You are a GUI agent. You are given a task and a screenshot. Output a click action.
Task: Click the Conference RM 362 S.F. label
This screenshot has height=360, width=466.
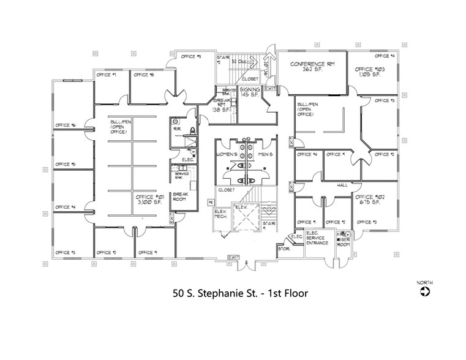(x=312, y=66)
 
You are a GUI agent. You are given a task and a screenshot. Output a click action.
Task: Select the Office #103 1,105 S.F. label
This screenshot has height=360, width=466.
(x=370, y=72)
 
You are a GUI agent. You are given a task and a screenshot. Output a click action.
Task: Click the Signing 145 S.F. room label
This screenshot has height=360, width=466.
(x=250, y=92)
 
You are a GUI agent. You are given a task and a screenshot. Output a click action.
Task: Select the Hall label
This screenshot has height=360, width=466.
(x=342, y=185)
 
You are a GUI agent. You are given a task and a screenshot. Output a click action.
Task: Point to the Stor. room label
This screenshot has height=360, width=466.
(x=284, y=249)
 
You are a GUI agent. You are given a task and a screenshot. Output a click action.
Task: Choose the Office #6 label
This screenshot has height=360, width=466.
(x=65, y=126)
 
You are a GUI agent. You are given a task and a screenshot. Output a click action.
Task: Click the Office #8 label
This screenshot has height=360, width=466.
(x=143, y=75)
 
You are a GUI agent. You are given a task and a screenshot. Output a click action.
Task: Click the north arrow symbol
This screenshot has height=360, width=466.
(x=425, y=292)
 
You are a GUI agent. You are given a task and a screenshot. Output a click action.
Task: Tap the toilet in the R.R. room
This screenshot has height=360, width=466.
(x=190, y=130)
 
